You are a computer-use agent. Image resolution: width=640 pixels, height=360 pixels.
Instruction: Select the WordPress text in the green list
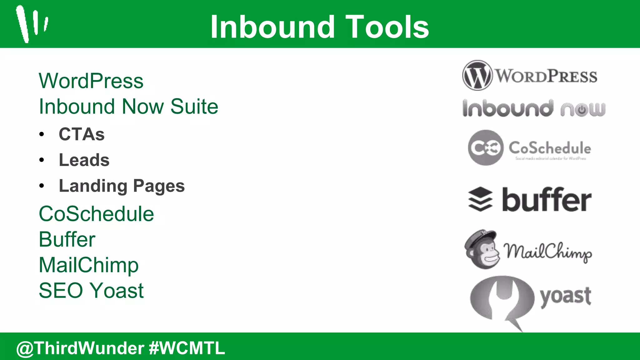pos(91,81)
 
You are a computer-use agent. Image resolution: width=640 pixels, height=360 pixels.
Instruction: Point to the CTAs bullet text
pos(82,134)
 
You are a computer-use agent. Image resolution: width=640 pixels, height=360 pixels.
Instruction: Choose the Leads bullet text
pos(84,160)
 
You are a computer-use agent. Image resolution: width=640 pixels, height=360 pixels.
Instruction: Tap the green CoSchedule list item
pos(96,214)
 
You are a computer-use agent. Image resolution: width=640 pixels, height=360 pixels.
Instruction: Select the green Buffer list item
pos(67,240)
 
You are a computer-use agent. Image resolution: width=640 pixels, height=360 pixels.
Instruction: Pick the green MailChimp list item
pos(88,265)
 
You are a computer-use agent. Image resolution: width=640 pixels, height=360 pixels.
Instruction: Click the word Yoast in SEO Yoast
pos(117,291)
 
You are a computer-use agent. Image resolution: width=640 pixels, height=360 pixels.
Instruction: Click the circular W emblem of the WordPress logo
pos(477,75)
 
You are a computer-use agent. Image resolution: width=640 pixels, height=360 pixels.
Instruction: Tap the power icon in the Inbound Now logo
pos(582,110)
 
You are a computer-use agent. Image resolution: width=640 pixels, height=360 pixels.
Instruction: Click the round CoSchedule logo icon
pos(486,147)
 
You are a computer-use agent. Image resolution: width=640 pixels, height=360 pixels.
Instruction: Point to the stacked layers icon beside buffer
pos(480,199)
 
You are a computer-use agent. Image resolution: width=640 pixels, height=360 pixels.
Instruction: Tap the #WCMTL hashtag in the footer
pos(187,348)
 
